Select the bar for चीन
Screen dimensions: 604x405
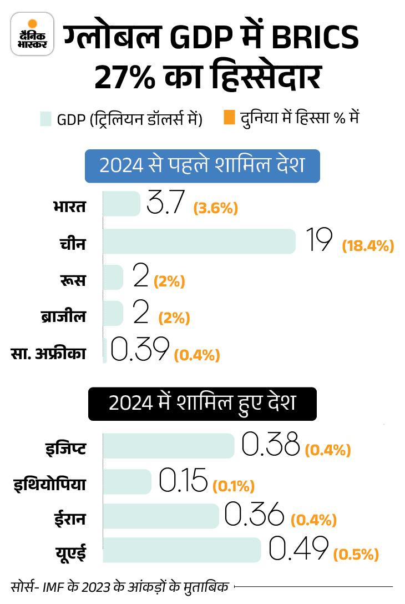(199, 241)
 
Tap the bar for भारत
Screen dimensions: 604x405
(122, 204)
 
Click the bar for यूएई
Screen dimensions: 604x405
(182, 550)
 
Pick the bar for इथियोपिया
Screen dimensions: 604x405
(128, 481)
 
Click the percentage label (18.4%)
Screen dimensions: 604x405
(367, 245)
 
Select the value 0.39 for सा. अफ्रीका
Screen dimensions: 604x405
(139, 350)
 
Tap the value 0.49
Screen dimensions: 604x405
(298, 550)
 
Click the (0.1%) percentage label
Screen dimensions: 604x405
(233, 486)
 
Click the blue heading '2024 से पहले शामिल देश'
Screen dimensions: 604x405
(202, 165)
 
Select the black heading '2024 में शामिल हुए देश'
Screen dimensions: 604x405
(202, 402)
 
